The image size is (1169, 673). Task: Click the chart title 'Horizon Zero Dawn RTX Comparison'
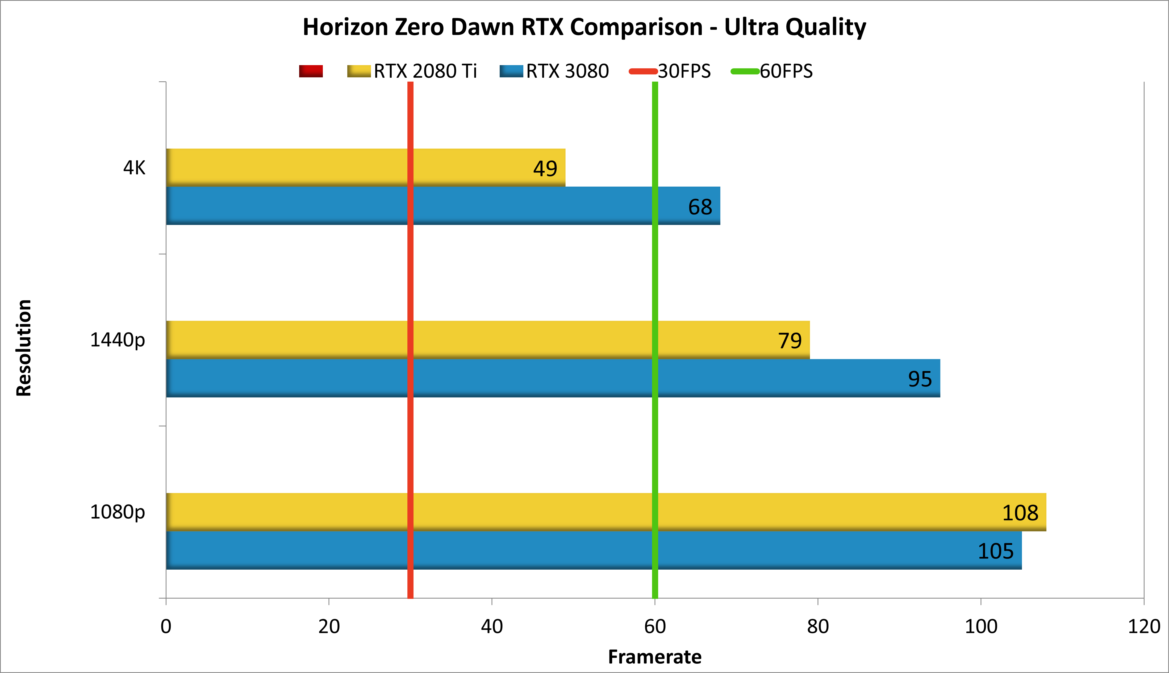coord(584,27)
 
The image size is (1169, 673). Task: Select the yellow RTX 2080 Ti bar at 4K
coord(324,167)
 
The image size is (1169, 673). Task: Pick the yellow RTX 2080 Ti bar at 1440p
coord(509,340)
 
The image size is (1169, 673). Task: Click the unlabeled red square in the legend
coord(311,71)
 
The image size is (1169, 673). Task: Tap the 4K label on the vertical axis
coord(134,167)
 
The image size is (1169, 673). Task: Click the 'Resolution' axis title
coord(24,348)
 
